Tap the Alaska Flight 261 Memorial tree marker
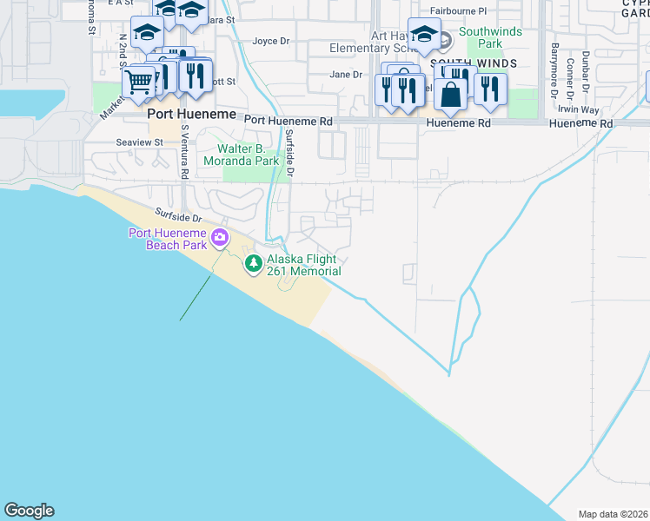click(253, 263)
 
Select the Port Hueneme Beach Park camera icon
click(220, 237)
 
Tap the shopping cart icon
click(139, 83)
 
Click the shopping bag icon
click(451, 94)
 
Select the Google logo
click(29, 511)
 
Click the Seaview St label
click(140, 142)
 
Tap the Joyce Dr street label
click(271, 41)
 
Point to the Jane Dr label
click(345, 75)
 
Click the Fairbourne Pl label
click(459, 10)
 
